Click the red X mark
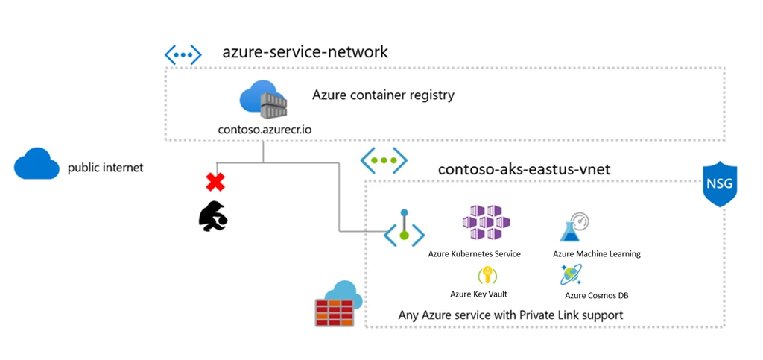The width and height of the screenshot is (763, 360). click(x=215, y=183)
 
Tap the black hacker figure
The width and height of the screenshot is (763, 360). click(x=214, y=216)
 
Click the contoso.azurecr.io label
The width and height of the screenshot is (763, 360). click(x=265, y=130)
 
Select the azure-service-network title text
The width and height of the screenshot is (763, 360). click(x=305, y=52)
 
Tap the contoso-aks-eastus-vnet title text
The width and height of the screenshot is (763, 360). click(x=524, y=170)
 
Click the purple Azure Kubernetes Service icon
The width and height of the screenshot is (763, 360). click(x=487, y=222)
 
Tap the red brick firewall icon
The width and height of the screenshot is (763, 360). click(x=338, y=305)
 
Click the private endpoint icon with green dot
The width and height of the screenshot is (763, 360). click(x=404, y=228)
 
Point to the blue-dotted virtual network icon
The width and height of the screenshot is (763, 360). click(x=183, y=55)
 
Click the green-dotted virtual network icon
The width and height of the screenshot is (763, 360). click(x=384, y=160)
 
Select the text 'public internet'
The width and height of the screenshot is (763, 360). click(x=106, y=168)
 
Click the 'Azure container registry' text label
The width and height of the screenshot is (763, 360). click(x=383, y=95)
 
